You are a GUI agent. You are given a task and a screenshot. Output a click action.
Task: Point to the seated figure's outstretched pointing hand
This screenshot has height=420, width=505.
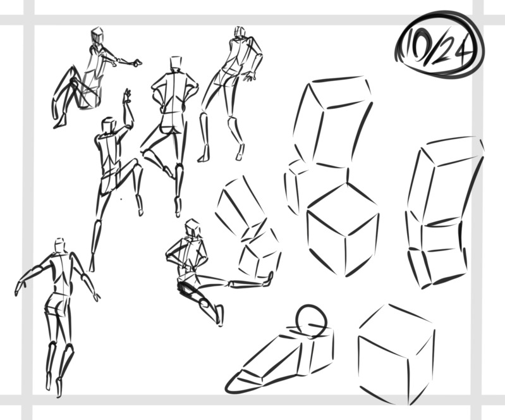tap(135, 62)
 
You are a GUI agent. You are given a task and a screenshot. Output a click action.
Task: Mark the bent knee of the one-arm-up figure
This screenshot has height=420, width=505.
tap(137, 162)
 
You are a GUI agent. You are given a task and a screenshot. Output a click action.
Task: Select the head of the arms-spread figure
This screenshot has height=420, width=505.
tap(59, 245)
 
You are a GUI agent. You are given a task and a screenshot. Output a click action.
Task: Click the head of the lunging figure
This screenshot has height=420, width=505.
tap(193, 227)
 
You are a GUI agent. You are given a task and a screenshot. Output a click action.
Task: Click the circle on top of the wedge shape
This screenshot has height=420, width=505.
tap(311, 321)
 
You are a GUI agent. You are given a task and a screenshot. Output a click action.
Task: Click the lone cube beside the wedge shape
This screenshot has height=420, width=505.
tap(397, 354)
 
